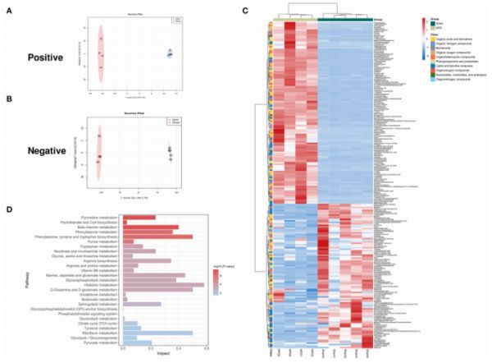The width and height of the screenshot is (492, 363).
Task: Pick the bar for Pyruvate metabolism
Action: pyautogui.click(x=138, y=342)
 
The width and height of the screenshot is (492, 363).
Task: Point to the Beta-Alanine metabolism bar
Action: pyautogui.click(x=151, y=227)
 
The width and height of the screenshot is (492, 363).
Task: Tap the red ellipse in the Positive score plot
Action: pyautogui.click(x=101, y=53)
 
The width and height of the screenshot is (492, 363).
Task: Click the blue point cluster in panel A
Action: pyautogui.click(x=170, y=53)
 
